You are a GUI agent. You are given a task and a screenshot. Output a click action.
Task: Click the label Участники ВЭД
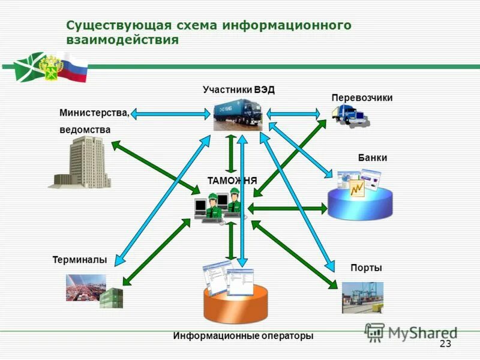tap(238, 90)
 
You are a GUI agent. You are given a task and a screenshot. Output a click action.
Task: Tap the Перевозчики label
tap(362, 98)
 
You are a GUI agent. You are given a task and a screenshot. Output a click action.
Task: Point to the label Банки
tap(372, 158)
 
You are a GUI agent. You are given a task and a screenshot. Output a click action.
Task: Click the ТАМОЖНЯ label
tap(232, 180)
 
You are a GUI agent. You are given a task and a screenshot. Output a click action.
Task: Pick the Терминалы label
tap(80, 260)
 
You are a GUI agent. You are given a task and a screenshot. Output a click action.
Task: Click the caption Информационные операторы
tap(243, 336)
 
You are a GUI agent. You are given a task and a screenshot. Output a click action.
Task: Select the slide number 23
tap(445, 343)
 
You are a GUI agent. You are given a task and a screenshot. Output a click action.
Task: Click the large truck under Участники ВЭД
tap(238, 115)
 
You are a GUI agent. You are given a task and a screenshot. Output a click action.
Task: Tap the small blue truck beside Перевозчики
tap(350, 114)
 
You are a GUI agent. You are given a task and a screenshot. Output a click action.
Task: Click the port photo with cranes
tap(362, 297)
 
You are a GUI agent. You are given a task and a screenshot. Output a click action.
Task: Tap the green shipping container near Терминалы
tap(111, 298)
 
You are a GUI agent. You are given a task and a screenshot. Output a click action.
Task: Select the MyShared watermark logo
tap(411, 332)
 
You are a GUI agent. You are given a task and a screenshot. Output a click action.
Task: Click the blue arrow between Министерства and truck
tap(172, 112)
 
